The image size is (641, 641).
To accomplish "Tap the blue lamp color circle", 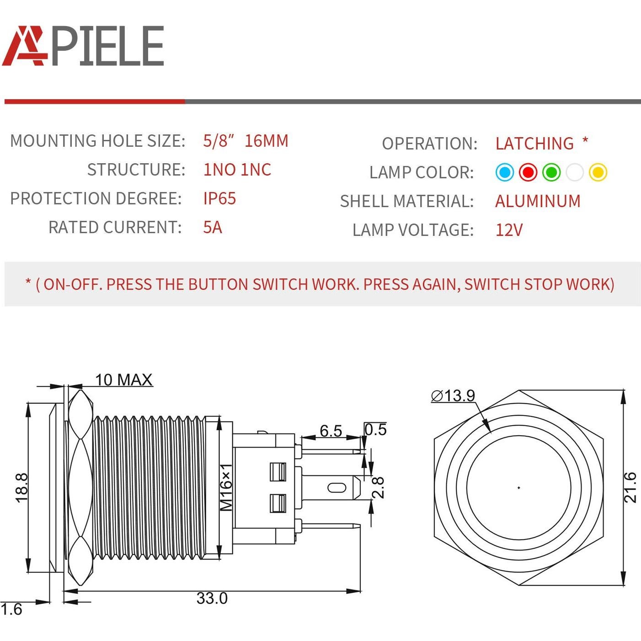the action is (x=505, y=172).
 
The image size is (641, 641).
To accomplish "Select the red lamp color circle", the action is (x=528, y=172).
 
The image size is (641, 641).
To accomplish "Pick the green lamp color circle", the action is (x=551, y=172).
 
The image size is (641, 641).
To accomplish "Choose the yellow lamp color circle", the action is (x=598, y=172).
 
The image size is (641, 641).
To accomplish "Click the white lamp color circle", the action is (x=574, y=172).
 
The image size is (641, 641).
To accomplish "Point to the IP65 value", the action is (x=219, y=198).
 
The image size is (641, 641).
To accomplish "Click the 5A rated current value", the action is (x=213, y=228).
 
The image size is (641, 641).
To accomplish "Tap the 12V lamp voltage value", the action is (x=509, y=230).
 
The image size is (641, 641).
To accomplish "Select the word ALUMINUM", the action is (x=538, y=201).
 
